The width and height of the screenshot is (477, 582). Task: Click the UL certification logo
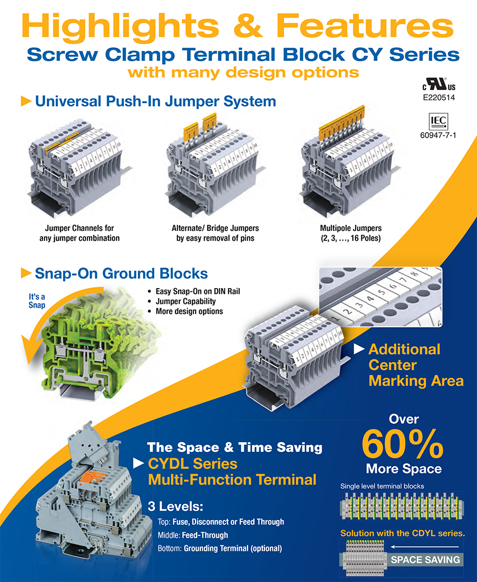pos(438,86)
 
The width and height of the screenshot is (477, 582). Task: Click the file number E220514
pos(438,98)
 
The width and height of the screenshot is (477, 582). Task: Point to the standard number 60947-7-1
pos(438,136)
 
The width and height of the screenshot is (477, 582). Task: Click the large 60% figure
pos(403,444)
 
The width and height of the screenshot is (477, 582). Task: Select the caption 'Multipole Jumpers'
pos(347,228)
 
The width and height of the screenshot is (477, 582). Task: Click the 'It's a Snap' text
pos(37,301)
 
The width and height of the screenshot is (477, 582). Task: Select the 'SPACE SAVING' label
pos(425,560)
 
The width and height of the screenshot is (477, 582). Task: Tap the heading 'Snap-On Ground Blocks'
pos(121,273)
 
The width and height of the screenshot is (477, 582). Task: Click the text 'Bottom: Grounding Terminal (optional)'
pos(219,549)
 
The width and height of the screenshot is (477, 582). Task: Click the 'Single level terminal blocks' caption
pos(382,486)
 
